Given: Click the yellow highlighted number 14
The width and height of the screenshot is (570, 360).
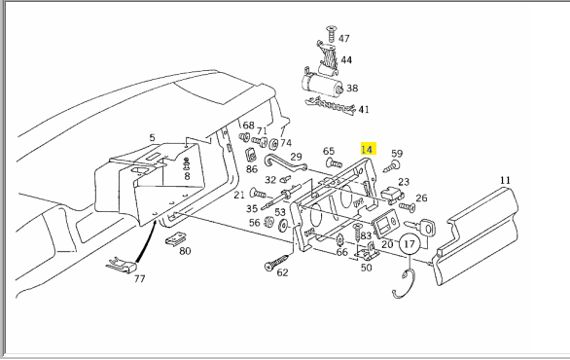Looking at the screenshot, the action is pos(368,149).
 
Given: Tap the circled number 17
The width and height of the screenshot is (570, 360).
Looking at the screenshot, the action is pos(410,243).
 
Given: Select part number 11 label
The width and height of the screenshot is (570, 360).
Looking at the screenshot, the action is pos(505,180).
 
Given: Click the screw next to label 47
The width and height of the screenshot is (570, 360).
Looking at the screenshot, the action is pos(331,34).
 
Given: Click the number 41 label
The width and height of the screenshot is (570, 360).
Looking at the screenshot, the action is pos(364,109).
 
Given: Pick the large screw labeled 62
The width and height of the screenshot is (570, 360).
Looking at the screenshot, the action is pos(276,263).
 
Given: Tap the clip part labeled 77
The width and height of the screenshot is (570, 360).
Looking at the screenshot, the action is pos(123,266).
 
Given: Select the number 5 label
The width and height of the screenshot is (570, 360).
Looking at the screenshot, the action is pos(152,138).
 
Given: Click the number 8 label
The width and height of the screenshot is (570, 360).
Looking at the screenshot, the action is pos(187,176).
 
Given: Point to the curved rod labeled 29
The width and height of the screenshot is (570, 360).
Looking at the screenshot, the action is pos(285,162).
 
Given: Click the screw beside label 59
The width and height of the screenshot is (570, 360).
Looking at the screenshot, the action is pos(392,166).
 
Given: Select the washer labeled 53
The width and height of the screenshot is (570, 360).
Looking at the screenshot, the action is pos(282,226).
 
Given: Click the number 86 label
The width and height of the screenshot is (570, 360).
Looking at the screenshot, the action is pos(252,169).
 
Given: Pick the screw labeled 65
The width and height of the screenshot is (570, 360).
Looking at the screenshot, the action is pos(334,162).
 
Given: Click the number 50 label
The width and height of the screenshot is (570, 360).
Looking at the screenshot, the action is pos(366,268).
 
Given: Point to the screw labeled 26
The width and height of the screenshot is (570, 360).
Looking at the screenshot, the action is pos(408,207).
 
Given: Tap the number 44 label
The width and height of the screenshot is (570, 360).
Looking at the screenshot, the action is pos(346,59).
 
